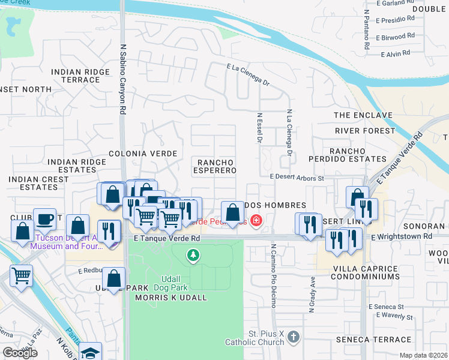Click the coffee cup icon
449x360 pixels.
pyautogui.click(x=44, y=219)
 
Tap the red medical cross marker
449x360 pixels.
pyautogui.click(x=256, y=221)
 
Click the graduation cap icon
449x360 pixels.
pyautogui.click(x=91, y=352)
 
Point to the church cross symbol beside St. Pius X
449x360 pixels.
pyautogui.click(x=293, y=337)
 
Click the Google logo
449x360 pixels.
pyautogui.click(x=20, y=353)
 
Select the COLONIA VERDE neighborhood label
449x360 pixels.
pyautogui.click(x=143, y=154)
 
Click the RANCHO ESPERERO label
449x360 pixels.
pyautogui.click(x=214, y=166)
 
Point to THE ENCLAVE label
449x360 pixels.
pyautogui.click(x=363, y=115)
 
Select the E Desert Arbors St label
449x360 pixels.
pyautogui.click(x=297, y=178)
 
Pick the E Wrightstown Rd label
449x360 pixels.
pyautogui.click(x=401, y=237)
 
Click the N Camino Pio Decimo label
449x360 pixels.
pyautogui.click(x=273, y=276)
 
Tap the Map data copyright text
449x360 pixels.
pyautogui.click(x=423, y=355)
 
